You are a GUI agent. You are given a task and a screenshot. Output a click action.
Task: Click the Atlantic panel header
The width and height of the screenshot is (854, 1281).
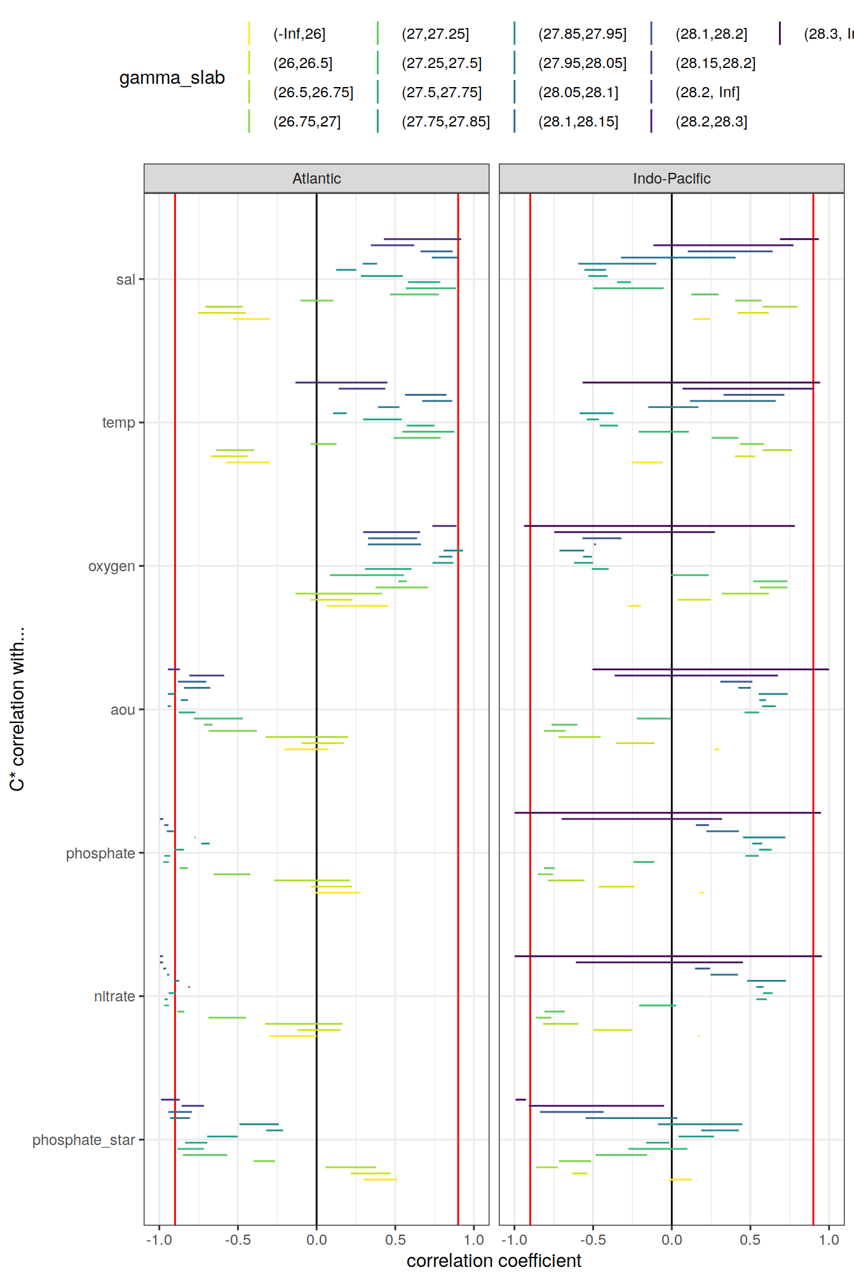point(316,179)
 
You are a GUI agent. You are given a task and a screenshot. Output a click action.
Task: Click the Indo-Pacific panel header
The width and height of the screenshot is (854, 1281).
point(671,179)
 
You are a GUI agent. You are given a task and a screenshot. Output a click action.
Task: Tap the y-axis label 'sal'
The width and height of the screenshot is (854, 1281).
point(125,280)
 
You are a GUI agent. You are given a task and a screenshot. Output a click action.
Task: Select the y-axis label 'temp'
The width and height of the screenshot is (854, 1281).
point(118,423)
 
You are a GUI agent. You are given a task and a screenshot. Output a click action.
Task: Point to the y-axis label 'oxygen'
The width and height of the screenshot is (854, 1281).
point(111,566)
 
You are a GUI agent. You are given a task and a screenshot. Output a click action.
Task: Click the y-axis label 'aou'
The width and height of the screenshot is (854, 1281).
point(122,710)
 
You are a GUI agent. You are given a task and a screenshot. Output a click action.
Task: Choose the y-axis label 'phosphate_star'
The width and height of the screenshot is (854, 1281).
point(83,1140)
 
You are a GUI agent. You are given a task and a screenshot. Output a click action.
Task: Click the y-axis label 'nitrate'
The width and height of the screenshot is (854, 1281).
point(114,996)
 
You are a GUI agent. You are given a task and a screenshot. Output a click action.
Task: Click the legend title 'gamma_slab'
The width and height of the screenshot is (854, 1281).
point(172,78)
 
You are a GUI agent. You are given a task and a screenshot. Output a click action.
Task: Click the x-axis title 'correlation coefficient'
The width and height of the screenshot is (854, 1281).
point(494,1261)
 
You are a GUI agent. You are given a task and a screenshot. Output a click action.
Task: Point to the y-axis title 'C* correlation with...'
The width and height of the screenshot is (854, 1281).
point(17,708)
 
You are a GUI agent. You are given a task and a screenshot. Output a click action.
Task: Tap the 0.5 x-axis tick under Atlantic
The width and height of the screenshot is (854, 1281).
point(395,1240)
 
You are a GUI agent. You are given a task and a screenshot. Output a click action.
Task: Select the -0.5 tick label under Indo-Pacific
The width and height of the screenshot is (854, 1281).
point(593,1240)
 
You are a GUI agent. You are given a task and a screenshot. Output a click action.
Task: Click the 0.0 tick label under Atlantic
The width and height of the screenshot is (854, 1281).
point(316,1240)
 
